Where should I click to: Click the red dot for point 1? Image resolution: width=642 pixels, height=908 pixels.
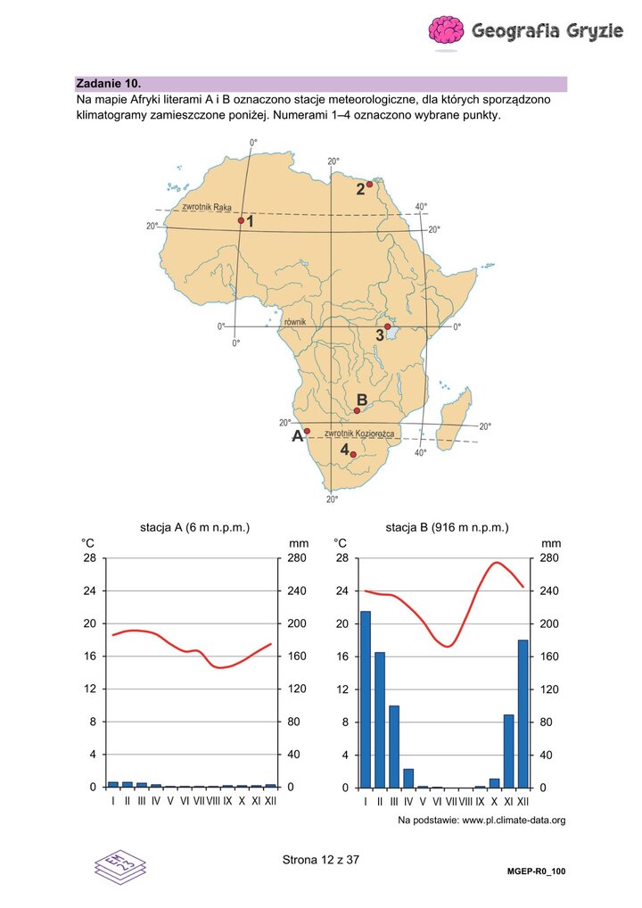click(x=241, y=220)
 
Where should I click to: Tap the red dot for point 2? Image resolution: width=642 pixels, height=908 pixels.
click(x=369, y=184)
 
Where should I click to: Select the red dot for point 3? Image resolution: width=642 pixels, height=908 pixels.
click(x=387, y=326)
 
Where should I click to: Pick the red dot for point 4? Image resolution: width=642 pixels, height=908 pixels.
click(x=353, y=455)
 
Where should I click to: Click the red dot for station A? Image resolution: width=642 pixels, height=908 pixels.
click(x=307, y=431)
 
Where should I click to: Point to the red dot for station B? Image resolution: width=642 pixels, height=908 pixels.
click(x=357, y=410)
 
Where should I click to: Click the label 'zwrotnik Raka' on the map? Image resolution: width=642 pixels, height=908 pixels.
click(x=207, y=207)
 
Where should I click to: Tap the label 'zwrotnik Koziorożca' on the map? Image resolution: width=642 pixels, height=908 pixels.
click(x=359, y=433)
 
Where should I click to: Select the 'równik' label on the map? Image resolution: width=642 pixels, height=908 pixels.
click(x=294, y=321)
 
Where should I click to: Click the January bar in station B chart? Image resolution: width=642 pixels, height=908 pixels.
click(x=366, y=699)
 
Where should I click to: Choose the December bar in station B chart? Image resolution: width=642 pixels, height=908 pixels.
click(x=523, y=714)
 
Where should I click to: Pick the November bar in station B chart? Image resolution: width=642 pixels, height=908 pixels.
click(x=509, y=751)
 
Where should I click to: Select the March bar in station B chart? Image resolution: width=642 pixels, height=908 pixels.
click(x=393, y=747)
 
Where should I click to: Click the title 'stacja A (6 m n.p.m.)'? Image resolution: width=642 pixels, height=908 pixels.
click(x=194, y=527)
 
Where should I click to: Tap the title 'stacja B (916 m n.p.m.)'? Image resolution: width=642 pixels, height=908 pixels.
click(x=447, y=527)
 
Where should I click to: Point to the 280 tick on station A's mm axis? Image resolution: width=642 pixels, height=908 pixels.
click(x=299, y=557)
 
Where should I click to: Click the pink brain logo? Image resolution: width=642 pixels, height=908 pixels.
click(x=446, y=30)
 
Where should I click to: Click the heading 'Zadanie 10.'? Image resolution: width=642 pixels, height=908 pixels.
click(x=108, y=83)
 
